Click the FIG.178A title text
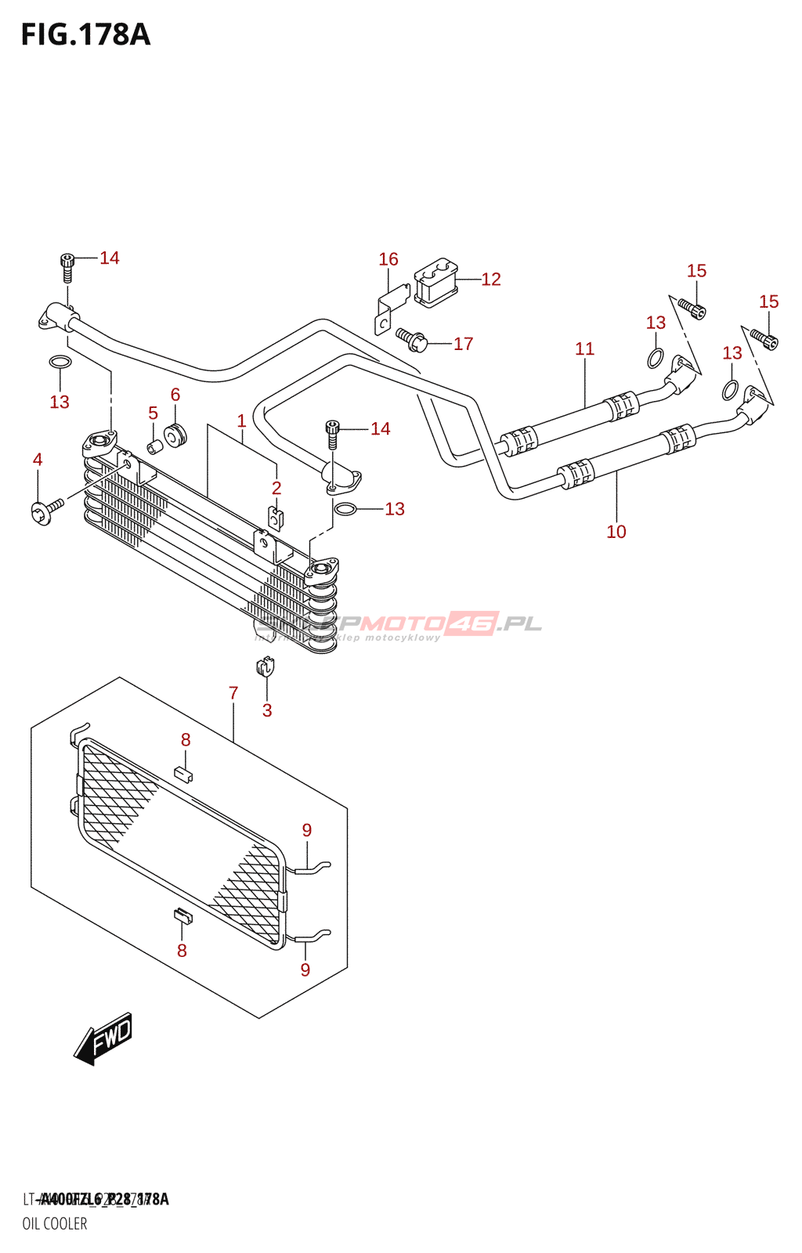(x=85, y=35)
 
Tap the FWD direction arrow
(x=104, y=1040)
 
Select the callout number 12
(x=491, y=280)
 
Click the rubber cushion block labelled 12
(x=436, y=281)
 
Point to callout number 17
(x=464, y=344)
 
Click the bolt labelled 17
(x=412, y=338)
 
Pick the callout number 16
(x=388, y=259)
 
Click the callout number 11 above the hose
(x=585, y=349)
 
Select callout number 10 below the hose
(x=616, y=532)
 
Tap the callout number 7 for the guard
(x=233, y=693)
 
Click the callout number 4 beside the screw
(x=38, y=460)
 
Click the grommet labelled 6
(x=175, y=434)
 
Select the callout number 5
(x=153, y=413)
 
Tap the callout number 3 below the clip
(x=267, y=710)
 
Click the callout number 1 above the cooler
(x=242, y=421)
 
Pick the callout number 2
(x=276, y=488)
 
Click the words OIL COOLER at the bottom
(x=55, y=1223)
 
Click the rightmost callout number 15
(x=769, y=302)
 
